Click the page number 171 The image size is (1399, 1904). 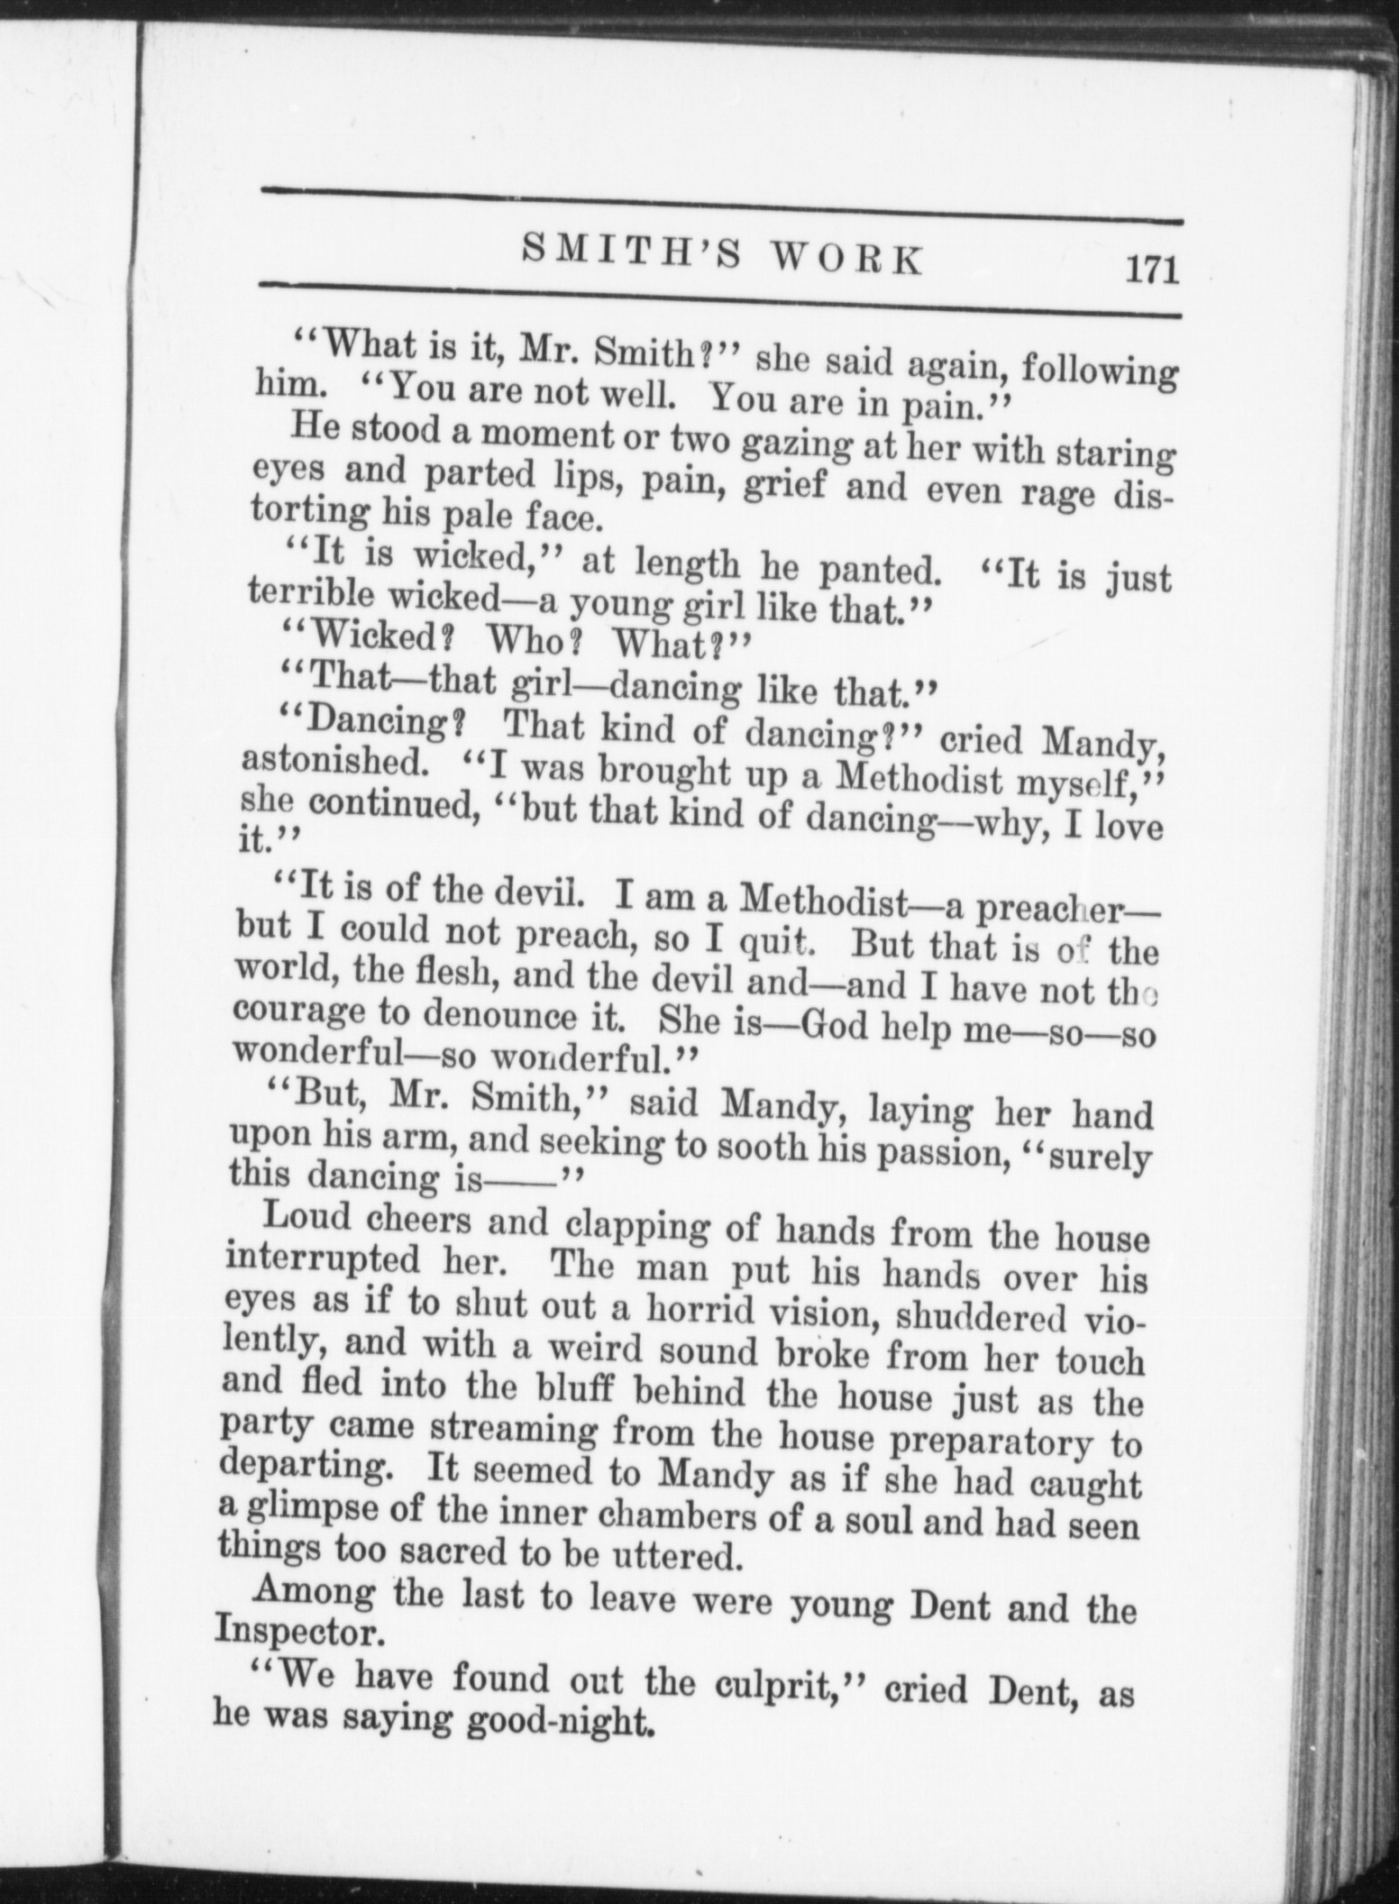click(x=1150, y=270)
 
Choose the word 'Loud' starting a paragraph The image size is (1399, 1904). click(x=305, y=1218)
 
